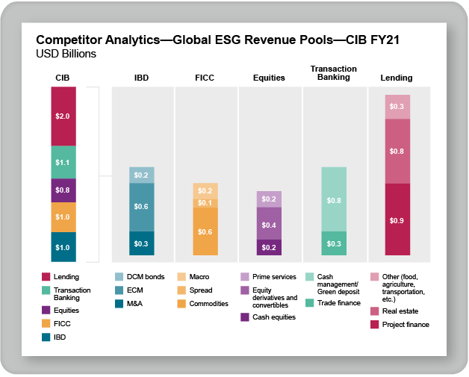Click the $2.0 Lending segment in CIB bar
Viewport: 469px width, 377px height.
(63, 116)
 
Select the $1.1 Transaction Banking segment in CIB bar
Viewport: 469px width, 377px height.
(63, 162)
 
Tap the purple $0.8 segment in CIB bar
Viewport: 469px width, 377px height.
(63, 190)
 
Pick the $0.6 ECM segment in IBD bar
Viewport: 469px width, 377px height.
(141, 207)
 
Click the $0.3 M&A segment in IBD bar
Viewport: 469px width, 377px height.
(141, 243)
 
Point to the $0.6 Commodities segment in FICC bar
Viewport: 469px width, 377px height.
(205, 231)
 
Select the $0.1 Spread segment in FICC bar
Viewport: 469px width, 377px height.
(205, 203)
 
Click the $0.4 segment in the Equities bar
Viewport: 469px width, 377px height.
(269, 224)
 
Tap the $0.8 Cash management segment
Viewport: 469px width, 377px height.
(333, 200)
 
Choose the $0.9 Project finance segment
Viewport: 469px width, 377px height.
(397, 220)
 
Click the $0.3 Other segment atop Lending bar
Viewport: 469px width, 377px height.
(397, 107)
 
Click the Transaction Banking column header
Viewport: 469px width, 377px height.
(333, 72)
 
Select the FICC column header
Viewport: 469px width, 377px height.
(205, 77)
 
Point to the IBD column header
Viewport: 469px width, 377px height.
(141, 77)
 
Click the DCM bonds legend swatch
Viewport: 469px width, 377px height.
(119, 276)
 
